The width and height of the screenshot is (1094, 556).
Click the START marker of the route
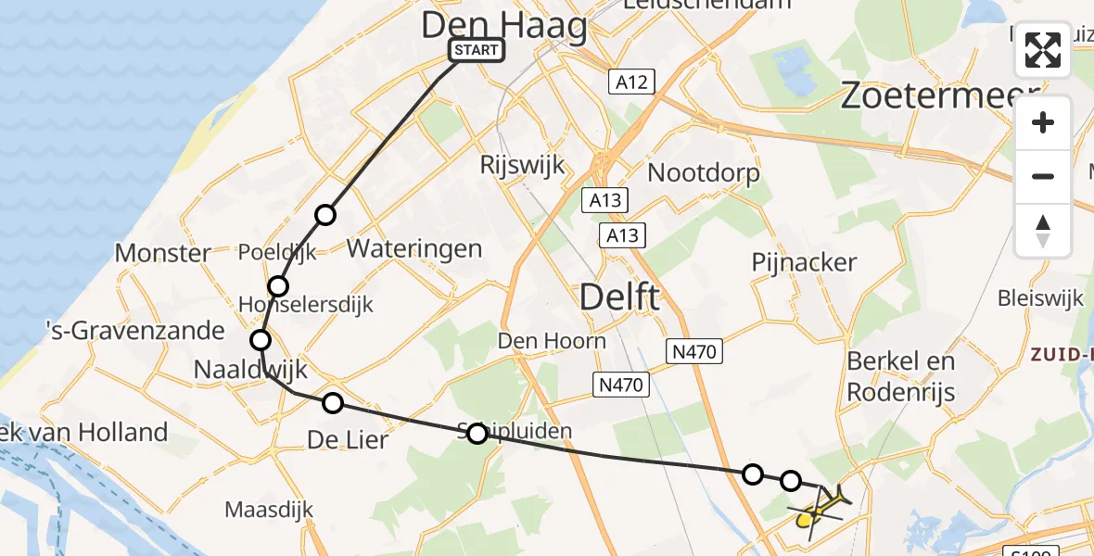[477, 50]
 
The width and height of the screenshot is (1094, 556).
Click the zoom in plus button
[1043, 122]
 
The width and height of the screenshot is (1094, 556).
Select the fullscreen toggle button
[1043, 50]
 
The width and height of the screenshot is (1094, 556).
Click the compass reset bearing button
[1043, 231]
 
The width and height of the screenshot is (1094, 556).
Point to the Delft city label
[620, 297]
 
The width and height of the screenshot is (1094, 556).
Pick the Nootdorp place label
[704, 172]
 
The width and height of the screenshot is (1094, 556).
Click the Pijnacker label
[804, 262]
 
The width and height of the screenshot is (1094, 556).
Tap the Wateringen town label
[414, 248]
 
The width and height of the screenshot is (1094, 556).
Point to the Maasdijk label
[269, 510]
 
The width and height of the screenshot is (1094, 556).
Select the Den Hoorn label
[552, 340]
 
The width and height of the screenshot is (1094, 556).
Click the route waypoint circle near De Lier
[333, 402]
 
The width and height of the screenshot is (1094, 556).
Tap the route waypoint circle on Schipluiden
[477, 433]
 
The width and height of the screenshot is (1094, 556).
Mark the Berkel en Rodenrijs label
[901, 375]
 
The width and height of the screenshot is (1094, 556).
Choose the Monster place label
[162, 252]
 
